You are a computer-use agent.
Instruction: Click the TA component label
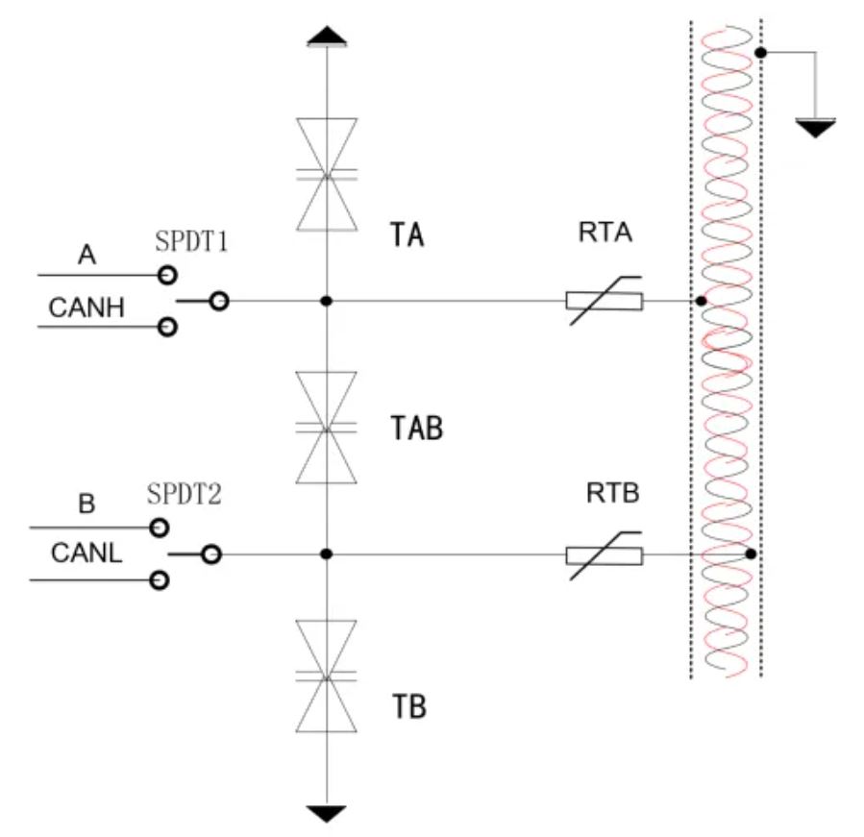pyautogui.click(x=408, y=235)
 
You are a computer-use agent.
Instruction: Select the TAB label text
pyautogui.click(x=418, y=429)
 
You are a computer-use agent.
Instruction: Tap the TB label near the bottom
pyautogui.click(x=409, y=708)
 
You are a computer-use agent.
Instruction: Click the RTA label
pyautogui.click(x=607, y=233)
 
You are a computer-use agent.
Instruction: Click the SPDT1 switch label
pyautogui.click(x=191, y=240)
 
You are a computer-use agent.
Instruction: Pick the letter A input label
pyautogui.click(x=87, y=255)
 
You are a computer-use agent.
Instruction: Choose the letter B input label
pyautogui.click(x=86, y=505)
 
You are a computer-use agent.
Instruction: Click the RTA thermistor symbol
pyautogui.click(x=605, y=301)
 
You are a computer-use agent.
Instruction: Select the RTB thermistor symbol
pyautogui.click(x=604, y=554)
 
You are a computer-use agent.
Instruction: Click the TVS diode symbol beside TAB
pyautogui.click(x=327, y=428)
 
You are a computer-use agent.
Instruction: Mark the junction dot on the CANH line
pyautogui.click(x=327, y=301)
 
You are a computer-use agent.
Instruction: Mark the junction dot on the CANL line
pyautogui.click(x=327, y=554)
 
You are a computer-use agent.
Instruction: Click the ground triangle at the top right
pyautogui.click(x=815, y=127)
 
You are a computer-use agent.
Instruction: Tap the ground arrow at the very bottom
pyautogui.click(x=327, y=814)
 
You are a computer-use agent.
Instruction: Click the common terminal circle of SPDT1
pyautogui.click(x=219, y=302)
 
